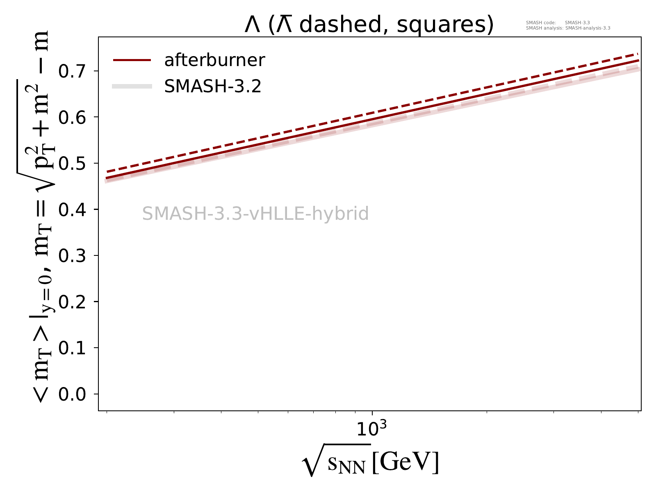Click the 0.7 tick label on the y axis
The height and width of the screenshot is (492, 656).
(73, 71)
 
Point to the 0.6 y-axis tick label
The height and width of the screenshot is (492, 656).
(73, 117)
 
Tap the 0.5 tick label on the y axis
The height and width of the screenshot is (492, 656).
(73, 164)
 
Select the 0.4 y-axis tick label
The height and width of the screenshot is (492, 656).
(73, 210)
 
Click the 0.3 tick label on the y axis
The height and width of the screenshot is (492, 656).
(73, 256)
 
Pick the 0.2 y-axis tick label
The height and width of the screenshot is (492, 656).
(73, 302)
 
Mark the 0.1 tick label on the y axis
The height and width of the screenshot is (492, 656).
(73, 348)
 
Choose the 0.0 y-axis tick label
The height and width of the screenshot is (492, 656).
(73, 394)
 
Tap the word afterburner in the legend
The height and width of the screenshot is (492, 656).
(214, 60)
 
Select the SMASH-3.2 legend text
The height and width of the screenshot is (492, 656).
(212, 87)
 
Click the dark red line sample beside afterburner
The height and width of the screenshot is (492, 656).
(132, 60)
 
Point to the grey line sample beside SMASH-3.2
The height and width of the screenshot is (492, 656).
(132, 87)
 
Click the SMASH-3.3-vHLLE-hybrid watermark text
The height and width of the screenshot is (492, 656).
(255, 214)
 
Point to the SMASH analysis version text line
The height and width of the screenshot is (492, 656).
(568, 28)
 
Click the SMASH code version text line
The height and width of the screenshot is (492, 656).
(558, 23)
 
